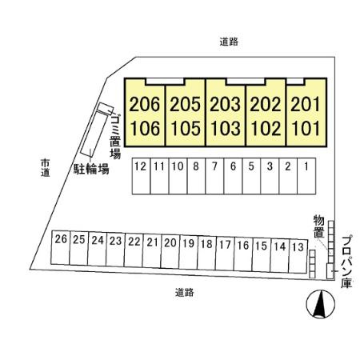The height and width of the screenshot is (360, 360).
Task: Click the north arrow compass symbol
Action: point(321,304)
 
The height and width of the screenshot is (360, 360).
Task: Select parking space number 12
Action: point(141,176)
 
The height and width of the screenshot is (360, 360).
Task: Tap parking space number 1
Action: point(306,176)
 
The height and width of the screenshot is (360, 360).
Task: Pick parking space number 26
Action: point(61,248)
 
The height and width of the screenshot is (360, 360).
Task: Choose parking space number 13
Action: point(298,256)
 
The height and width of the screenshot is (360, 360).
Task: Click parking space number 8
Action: point(196,176)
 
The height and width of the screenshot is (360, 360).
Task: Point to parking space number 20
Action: point(170,251)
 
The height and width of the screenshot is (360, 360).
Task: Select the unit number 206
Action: point(145,104)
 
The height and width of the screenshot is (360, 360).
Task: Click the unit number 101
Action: point(306,128)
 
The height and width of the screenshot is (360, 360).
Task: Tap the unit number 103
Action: point(226,128)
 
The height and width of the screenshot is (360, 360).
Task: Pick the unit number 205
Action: point(185,104)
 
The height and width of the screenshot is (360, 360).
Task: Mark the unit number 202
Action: point(266,104)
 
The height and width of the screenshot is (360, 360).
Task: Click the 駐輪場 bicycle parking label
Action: point(91,169)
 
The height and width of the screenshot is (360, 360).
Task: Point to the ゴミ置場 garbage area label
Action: point(115,136)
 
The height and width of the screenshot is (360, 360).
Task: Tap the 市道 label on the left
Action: point(46,168)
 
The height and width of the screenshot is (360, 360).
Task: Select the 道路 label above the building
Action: point(229,42)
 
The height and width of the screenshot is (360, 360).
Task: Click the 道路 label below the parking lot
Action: point(185,293)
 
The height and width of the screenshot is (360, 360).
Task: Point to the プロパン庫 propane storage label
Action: point(346,262)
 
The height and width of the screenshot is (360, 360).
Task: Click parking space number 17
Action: point(225,254)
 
